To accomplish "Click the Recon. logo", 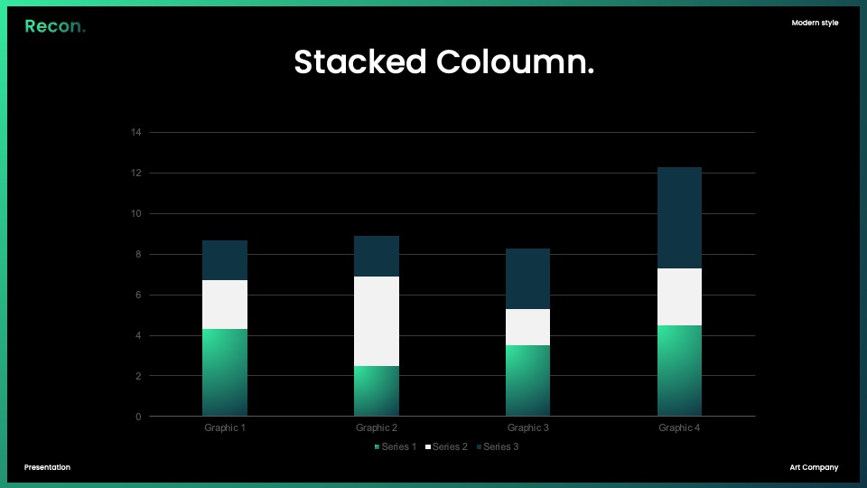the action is pos(55,26).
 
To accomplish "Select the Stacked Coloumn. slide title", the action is pos(444,61).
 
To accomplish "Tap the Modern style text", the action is pos(815,23).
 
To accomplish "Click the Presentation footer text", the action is pos(47,467).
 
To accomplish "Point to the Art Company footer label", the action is pos(814,467).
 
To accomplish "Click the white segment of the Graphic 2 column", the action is pos(377,321).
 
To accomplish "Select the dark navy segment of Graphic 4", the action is pos(679,218).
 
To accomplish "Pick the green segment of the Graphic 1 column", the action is pos(225,372).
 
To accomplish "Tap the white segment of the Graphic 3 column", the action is pos(528,327).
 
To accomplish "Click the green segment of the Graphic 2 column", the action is pos(377,391).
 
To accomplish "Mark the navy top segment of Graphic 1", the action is pos(225,260).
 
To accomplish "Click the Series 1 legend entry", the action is pos(396,446).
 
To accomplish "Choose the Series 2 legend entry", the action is pos(446,446).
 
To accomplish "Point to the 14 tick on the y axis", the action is pos(136,132).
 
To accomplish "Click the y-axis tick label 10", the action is pos(136,213).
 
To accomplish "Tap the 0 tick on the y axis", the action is pos(138,417).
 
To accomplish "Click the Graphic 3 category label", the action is pos(528,427).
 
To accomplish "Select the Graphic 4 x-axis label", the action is pos(679,427).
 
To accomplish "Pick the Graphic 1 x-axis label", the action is pos(225,427).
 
